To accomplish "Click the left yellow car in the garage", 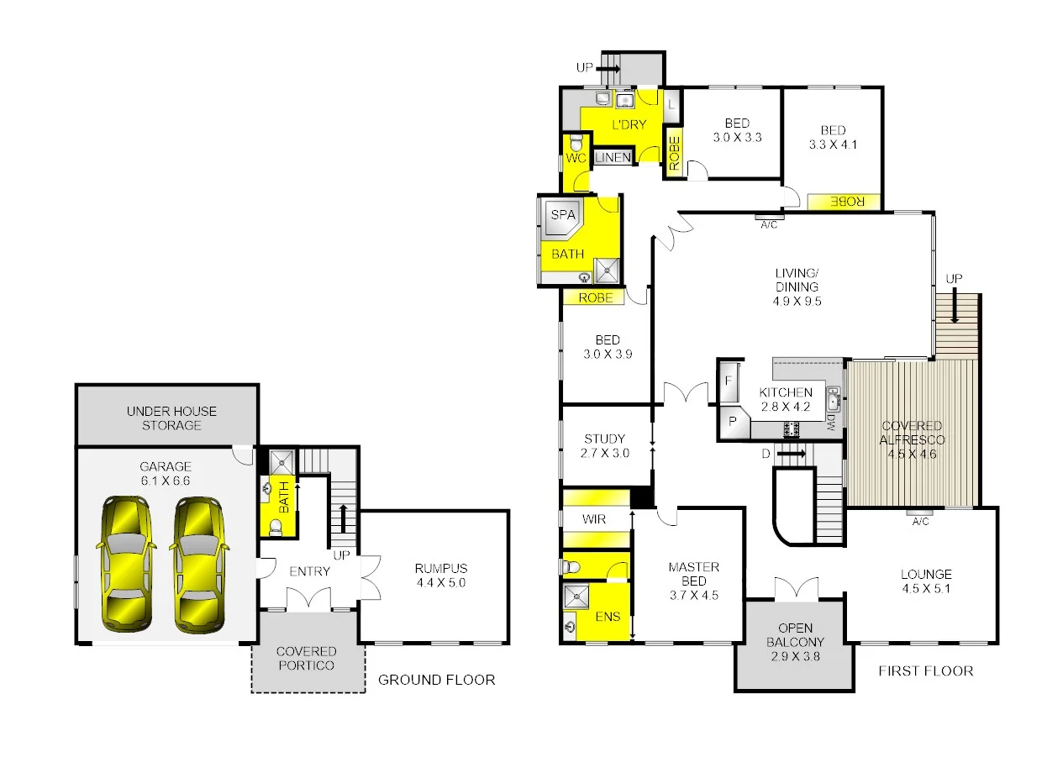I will pyautogui.click(x=126, y=562).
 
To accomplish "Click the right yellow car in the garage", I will pyautogui.click(x=199, y=562).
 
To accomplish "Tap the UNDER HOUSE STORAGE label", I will pyautogui.click(x=171, y=418).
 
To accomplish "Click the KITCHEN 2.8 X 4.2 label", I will pyautogui.click(x=786, y=399).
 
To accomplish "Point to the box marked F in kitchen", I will pyautogui.click(x=728, y=381).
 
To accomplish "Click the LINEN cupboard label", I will pyautogui.click(x=613, y=158).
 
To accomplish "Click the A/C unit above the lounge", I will pyautogui.click(x=920, y=512).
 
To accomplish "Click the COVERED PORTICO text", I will pyautogui.click(x=306, y=658).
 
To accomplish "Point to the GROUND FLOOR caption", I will pyautogui.click(x=436, y=680).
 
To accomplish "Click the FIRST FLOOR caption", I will pyautogui.click(x=925, y=670).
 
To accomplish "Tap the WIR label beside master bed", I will pyautogui.click(x=594, y=519).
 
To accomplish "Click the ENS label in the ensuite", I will pyautogui.click(x=608, y=617).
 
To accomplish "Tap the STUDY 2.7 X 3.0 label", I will pyautogui.click(x=604, y=445).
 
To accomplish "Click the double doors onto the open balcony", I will pyautogui.click(x=794, y=587).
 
